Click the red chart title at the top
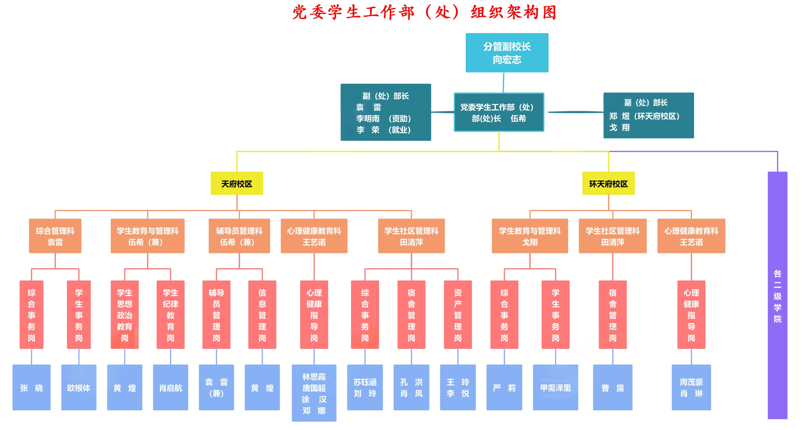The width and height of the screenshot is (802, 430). [424, 12]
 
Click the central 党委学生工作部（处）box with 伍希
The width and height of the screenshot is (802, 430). [499, 112]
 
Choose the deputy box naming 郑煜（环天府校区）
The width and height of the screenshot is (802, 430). [648, 115]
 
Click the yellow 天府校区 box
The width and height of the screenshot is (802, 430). [237, 183]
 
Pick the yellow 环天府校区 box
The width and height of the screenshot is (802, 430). [608, 183]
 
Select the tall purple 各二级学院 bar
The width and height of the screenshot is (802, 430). [777, 295]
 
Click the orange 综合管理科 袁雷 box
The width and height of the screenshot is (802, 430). [55, 236]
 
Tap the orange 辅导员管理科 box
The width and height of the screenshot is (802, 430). [239, 236]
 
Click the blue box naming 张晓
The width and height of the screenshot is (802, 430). [31, 387]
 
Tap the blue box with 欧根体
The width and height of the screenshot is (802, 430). [79, 387]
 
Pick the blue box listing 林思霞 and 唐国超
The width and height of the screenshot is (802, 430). [314, 393]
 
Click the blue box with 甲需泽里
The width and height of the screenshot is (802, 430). [555, 387]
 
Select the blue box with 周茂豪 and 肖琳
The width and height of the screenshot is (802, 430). [691, 387]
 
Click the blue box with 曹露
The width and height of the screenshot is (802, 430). [612, 387]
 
